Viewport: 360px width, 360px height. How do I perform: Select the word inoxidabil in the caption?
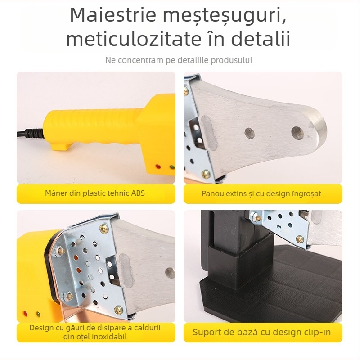pos(106,337)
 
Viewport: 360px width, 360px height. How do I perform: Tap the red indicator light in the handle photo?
pos(157,167)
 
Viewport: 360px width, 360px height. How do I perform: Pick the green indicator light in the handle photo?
pos(171,168)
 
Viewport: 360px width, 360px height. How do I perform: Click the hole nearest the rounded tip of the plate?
pos(297,132)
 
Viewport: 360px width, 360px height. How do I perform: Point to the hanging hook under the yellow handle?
pos(60,146)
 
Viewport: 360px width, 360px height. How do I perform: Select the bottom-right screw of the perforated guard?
pos(118,310)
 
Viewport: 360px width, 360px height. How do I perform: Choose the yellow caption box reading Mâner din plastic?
pos(96,193)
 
